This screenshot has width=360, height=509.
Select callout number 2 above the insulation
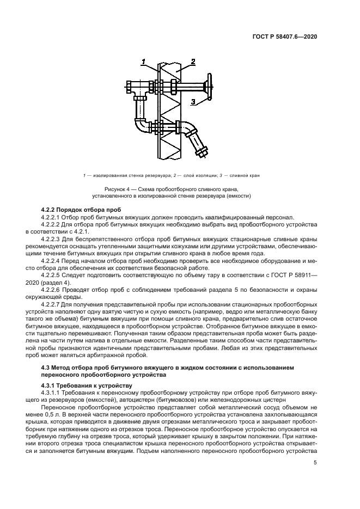(x=193, y=62)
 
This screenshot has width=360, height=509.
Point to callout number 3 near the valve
(x=193, y=101)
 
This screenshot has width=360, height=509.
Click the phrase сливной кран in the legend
(x=245, y=175)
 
